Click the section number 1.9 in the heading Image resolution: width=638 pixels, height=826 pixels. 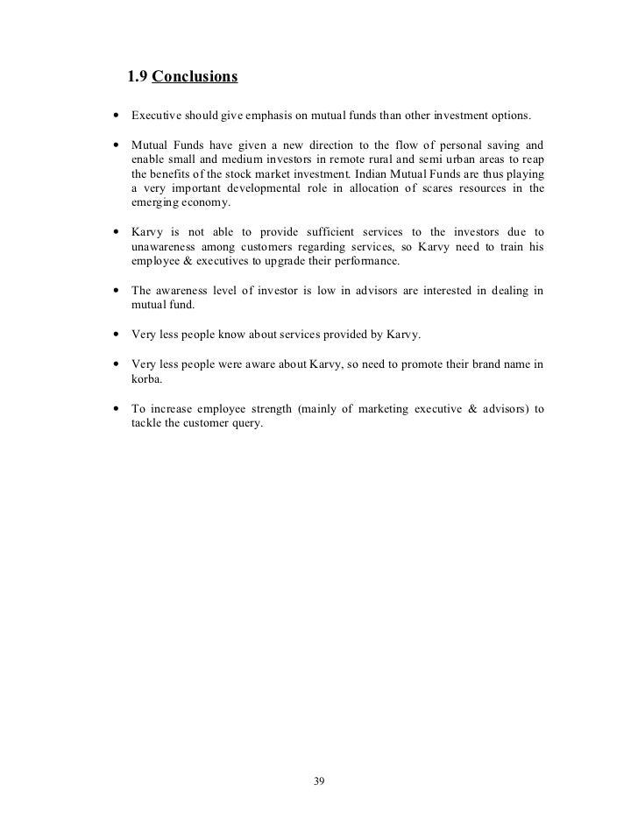(x=138, y=77)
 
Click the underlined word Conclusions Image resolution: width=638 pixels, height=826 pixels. (x=195, y=77)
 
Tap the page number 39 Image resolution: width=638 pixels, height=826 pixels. (x=319, y=781)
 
